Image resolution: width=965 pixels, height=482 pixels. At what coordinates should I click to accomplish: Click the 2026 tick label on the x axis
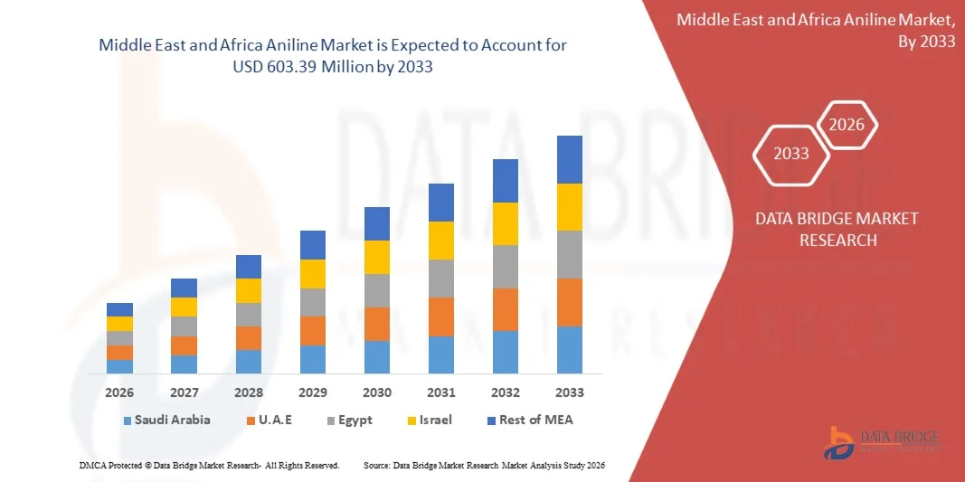(119, 392)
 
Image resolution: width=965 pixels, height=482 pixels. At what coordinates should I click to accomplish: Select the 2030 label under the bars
(377, 392)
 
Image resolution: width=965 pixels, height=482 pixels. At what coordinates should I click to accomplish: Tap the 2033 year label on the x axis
(570, 392)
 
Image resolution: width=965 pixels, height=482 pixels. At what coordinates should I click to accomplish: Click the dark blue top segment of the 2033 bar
(570, 159)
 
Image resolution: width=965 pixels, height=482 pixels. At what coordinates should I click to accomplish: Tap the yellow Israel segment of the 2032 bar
(506, 223)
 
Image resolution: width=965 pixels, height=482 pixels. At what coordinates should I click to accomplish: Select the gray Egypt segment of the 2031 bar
(441, 279)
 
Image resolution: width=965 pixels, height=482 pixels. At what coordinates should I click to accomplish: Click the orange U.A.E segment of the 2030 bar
(377, 324)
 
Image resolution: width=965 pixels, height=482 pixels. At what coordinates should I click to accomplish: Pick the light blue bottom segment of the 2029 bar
(313, 359)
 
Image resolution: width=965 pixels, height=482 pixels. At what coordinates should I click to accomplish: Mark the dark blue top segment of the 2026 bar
(119, 309)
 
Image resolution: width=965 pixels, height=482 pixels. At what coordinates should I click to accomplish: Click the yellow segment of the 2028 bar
(249, 290)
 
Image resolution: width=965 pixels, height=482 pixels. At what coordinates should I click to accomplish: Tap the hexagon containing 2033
(791, 154)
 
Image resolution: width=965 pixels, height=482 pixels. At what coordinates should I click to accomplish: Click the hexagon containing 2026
(847, 125)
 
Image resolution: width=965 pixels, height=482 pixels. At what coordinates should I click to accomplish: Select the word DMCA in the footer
(92, 465)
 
